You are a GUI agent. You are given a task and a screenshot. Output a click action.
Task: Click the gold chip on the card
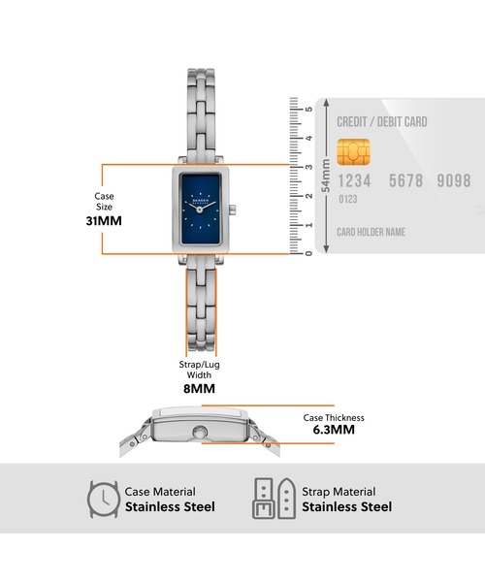(354, 152)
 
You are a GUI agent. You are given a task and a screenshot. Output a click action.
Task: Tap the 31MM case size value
(104, 221)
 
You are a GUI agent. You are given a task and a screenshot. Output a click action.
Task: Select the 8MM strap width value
(199, 389)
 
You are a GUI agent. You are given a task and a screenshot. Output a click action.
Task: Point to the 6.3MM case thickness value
(334, 430)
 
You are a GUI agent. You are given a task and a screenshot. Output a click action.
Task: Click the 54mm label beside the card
(326, 176)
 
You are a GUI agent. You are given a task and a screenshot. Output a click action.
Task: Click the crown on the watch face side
(232, 210)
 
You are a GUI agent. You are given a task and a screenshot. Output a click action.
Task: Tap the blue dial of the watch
(200, 210)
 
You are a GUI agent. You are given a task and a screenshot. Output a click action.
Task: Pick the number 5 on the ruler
(308, 109)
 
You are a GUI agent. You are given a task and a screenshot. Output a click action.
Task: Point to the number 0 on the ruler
(308, 253)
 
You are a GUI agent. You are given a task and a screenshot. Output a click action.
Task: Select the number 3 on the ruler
(308, 167)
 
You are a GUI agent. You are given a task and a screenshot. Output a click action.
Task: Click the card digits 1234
(354, 181)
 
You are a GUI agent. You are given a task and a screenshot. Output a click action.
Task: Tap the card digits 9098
(454, 180)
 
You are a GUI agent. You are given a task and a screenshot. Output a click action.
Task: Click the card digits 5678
(405, 180)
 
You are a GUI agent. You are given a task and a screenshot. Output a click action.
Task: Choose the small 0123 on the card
(347, 199)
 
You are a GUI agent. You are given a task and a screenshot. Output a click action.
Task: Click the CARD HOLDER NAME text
(371, 232)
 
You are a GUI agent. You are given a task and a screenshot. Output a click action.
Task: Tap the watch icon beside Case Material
(104, 499)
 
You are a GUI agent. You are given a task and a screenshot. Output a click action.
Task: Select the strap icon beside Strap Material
(274, 499)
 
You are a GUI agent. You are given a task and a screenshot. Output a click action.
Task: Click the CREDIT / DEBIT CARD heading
(382, 122)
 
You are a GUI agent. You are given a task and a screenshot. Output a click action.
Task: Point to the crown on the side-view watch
(200, 432)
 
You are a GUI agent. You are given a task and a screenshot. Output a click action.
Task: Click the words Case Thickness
(334, 418)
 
